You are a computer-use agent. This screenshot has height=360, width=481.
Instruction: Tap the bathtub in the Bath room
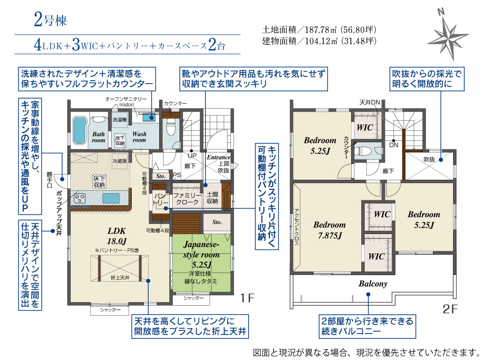(80, 130)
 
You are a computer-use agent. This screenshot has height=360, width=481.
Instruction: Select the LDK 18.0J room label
(116, 236)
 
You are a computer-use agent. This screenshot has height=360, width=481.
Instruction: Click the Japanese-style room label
(201, 255)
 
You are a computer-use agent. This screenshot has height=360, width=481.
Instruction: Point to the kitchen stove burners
(80, 198)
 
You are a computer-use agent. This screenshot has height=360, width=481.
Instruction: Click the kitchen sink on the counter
(111, 198)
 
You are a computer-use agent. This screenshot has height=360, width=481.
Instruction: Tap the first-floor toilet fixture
(171, 126)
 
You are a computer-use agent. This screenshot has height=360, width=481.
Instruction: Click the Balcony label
(373, 284)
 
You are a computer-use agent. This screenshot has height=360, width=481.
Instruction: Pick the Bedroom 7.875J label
(329, 230)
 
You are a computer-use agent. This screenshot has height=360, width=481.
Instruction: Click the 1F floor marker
(247, 298)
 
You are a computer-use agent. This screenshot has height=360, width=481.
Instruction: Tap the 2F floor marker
(450, 309)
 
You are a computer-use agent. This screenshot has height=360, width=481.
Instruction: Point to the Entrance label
(218, 157)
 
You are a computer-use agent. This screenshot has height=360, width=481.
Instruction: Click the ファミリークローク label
(187, 199)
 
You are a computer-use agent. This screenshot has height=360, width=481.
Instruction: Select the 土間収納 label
(212, 198)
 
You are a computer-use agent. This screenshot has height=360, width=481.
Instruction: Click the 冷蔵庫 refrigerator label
(120, 161)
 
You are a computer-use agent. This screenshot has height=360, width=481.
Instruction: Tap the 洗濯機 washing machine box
(120, 120)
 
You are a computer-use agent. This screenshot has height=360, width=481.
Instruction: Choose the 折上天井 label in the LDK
(120, 277)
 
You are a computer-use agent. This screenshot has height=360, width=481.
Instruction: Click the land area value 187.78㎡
(319, 30)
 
